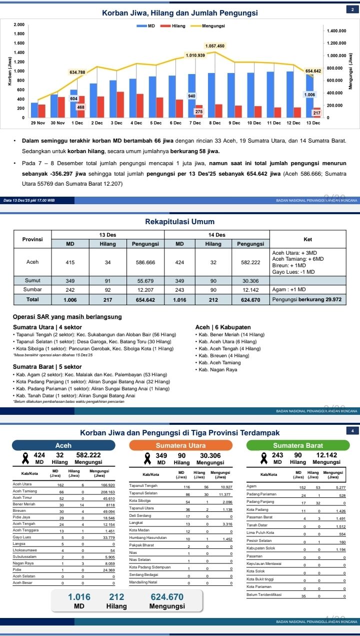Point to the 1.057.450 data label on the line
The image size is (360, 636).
pos(215,46)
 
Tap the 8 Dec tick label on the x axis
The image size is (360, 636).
pos(214,123)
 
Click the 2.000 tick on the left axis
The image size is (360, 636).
pos(19,25)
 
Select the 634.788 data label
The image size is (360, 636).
pos(77,72)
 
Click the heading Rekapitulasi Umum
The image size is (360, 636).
pos(179,222)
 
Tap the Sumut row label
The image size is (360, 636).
pos(33,281)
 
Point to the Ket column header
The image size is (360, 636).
pos(307,239)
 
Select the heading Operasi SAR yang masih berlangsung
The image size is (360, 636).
pos(67,317)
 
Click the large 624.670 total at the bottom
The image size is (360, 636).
pos(167,597)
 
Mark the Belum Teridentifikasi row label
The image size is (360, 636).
pos(264,594)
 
